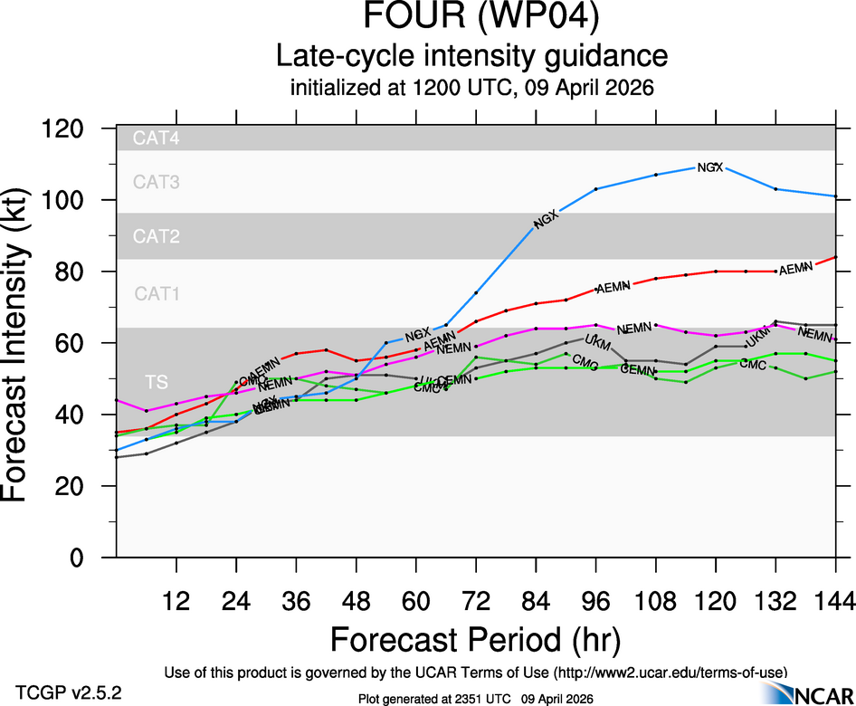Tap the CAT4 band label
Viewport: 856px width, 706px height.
click(157, 138)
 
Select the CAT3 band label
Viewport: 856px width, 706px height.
click(157, 182)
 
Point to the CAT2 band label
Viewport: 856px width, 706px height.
click(157, 237)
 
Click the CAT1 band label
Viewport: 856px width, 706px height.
click(157, 293)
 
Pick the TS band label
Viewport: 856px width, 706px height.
click(156, 379)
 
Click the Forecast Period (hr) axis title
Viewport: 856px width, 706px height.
click(475, 639)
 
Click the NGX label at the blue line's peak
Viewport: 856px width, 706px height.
click(710, 167)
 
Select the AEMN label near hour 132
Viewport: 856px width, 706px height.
click(796, 269)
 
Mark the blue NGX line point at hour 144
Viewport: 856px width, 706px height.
click(835, 196)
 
